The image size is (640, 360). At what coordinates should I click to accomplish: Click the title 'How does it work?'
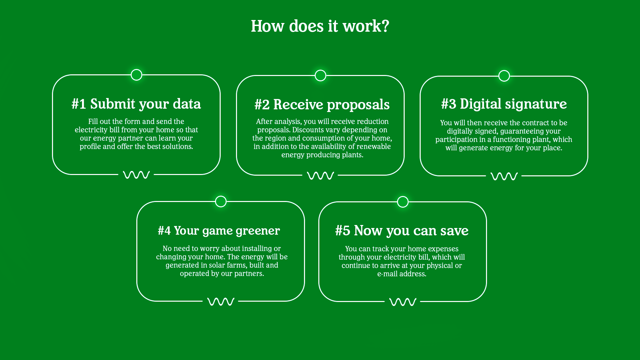pos(320,26)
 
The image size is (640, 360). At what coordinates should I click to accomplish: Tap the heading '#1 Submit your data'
pos(136,104)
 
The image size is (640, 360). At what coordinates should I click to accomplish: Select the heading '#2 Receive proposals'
pos(322,105)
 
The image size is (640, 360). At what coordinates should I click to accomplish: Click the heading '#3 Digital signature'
pos(504,104)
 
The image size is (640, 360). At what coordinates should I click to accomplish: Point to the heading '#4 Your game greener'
pos(219,231)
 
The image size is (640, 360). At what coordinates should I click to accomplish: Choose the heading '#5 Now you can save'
pos(402,231)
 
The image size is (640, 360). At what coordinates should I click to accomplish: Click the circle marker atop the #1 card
pos(136,75)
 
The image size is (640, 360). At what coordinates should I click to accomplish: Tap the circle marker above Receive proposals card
pos(320,76)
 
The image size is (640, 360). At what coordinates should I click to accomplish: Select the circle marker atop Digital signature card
pos(504,76)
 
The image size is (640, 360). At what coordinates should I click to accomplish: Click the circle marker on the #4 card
pos(221,202)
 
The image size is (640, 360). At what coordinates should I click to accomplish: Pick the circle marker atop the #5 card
pos(403,202)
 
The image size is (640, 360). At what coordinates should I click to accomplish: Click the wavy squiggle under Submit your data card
pos(136,175)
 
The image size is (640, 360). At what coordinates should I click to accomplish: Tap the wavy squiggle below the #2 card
pos(320,175)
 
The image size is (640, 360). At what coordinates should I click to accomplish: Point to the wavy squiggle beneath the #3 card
pos(504,176)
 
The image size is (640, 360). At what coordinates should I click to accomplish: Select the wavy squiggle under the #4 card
pos(221,302)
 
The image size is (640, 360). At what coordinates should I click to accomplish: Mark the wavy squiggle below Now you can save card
pos(403,302)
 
